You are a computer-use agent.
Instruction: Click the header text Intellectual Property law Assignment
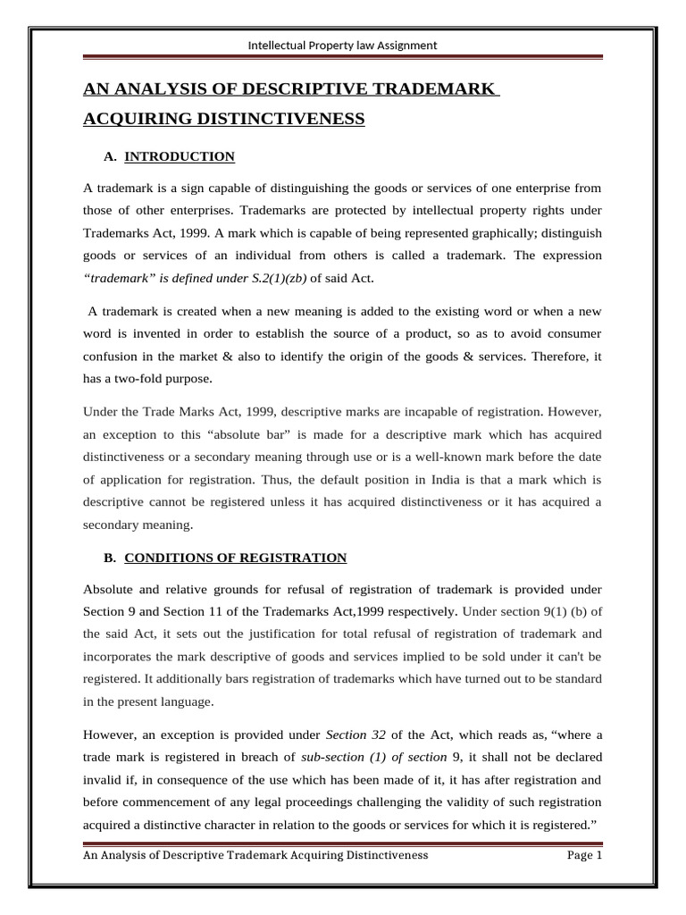click(343, 45)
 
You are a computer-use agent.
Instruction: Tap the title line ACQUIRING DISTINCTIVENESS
click(223, 118)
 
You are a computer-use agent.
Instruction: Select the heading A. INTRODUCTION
click(169, 156)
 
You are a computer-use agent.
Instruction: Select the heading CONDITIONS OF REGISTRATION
click(235, 558)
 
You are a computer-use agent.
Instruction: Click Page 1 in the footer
click(585, 855)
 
